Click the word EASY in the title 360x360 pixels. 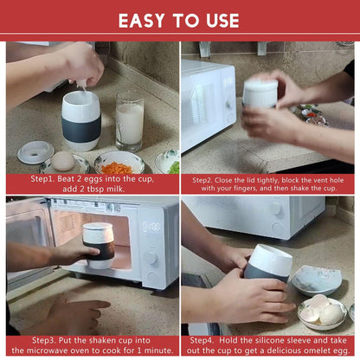pyautogui.click(x=144, y=20)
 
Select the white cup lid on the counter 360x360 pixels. pyautogui.click(x=35, y=151)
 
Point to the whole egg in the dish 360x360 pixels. pyautogui.click(x=63, y=161)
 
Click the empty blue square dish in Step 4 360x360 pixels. pyautogui.click(x=316, y=279)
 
